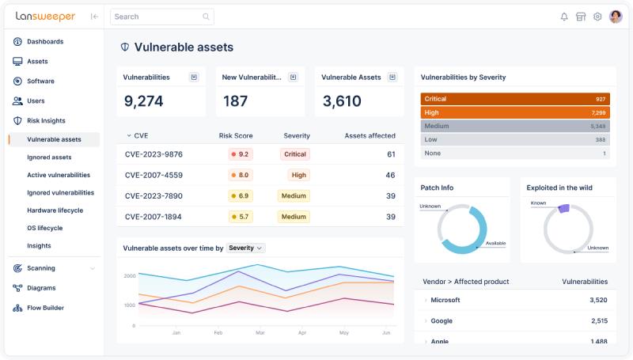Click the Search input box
(158, 16)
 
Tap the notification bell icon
(564, 17)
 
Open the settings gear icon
(597, 17)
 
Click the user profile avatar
(616, 17)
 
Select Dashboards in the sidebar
(45, 42)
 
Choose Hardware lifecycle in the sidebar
(55, 210)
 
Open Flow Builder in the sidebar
(45, 308)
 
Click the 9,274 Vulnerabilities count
(144, 101)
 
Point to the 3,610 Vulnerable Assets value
(342, 101)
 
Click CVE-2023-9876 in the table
(154, 154)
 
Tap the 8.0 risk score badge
(241, 175)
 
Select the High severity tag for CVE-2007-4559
(298, 175)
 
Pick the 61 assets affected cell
(391, 154)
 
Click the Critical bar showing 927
(515, 99)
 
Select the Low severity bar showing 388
(515, 139)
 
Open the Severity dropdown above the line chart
(246, 248)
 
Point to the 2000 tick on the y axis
(130, 276)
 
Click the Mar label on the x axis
(260, 333)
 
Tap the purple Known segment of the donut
(563, 208)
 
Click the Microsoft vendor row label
(445, 300)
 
